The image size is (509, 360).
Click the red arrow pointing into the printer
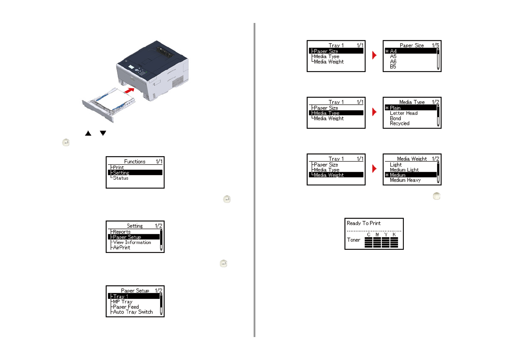point(129,90)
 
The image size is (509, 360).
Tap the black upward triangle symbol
point(88,133)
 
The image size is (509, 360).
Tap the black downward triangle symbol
point(103,133)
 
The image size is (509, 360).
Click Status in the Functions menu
point(121,178)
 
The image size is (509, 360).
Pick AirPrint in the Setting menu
point(121,247)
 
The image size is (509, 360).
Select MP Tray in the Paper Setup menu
point(123,301)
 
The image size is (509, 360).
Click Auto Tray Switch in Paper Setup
point(133,312)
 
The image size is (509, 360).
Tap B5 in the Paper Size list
point(393,67)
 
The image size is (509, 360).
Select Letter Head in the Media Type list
point(403,113)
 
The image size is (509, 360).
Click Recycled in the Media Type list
point(400,123)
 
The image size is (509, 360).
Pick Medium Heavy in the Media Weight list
point(405,180)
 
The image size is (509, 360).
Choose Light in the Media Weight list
point(396,165)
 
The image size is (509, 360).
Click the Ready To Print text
point(364,223)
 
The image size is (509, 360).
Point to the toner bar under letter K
point(394,243)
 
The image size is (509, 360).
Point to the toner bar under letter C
point(368,243)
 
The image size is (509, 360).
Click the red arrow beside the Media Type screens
point(374,112)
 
